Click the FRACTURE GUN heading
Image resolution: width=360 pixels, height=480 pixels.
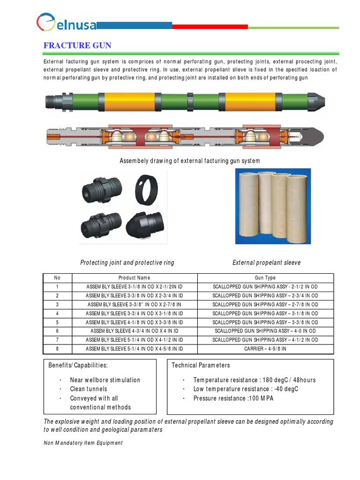77,45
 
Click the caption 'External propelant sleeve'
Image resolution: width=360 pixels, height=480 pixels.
267,262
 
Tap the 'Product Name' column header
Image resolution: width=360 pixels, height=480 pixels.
134,278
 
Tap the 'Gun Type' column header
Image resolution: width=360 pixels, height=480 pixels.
265,278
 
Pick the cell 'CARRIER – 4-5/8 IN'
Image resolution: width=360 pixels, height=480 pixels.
265,349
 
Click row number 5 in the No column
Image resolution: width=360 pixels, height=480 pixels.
57,322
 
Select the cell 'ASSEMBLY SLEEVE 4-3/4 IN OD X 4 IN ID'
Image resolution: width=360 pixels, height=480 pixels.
134,331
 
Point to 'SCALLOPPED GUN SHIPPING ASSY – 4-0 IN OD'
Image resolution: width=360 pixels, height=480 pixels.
265,331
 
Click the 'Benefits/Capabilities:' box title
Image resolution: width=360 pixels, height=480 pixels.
78,365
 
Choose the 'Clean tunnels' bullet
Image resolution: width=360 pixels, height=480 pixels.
89,389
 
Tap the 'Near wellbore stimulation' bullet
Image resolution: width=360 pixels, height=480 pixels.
105,380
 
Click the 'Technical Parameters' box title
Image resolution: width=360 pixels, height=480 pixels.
201,365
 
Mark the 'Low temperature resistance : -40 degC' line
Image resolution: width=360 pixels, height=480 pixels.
246,389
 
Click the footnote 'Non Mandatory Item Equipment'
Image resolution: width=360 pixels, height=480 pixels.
83,443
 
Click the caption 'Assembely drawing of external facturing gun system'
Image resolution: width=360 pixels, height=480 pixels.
190,161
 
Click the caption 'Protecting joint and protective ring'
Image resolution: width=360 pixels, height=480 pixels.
127,262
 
